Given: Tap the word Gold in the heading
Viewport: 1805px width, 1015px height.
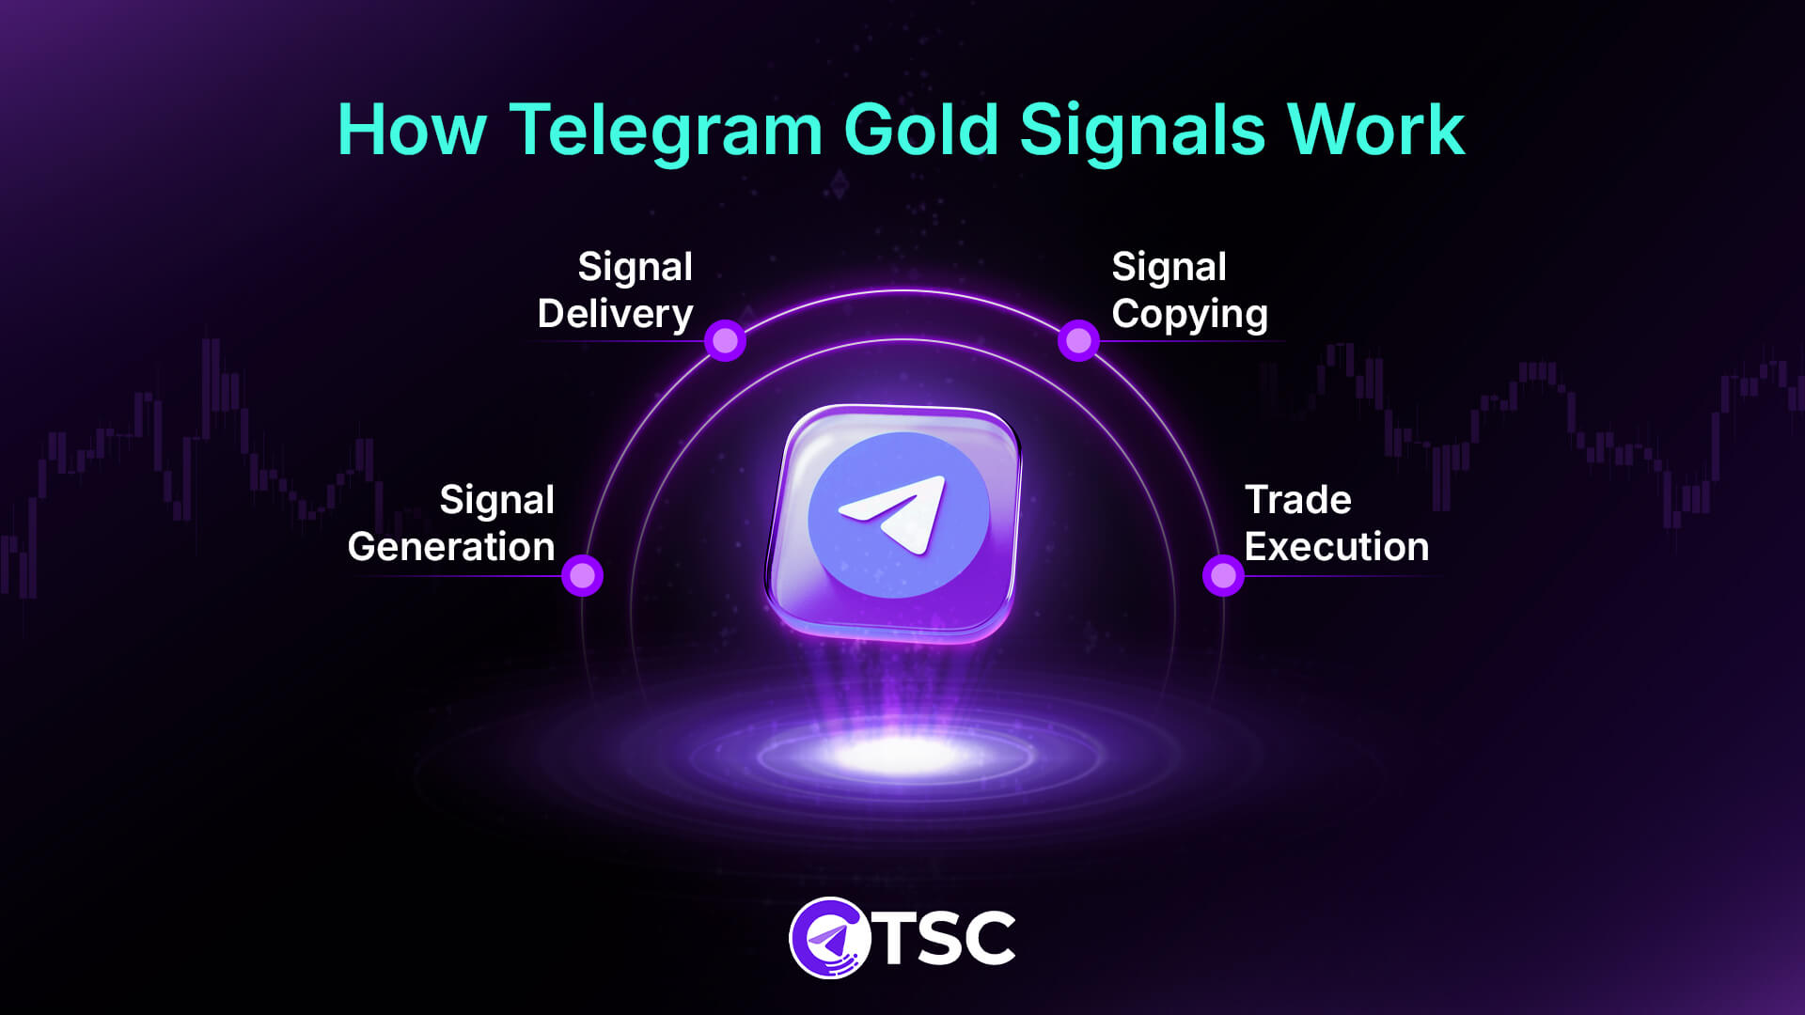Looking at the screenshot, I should pos(920,130).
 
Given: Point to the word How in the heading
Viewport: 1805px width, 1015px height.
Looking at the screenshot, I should pos(412,130).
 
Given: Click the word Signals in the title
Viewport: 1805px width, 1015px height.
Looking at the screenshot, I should pos(1142,130).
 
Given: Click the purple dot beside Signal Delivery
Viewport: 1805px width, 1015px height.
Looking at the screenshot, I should pos(725,340).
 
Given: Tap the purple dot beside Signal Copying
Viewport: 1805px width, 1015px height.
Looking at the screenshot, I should pos(1078,340).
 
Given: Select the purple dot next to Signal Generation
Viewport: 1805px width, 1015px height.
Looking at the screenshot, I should pos(582,574).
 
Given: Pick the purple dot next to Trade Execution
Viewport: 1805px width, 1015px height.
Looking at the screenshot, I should pos(1223,574).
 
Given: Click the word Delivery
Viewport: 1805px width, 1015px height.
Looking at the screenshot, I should pos(615,314).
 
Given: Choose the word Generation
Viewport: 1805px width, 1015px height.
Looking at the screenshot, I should pos(451,547).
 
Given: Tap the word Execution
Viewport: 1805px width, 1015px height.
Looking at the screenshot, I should pos(1336,547).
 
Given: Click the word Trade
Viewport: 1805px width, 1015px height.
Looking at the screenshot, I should pos(1297,500).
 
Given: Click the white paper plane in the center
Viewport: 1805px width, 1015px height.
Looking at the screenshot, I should pos(896,512).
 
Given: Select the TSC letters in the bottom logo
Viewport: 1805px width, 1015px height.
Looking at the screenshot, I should pos(947,938).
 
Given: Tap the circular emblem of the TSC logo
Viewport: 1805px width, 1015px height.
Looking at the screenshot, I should pos(827,938).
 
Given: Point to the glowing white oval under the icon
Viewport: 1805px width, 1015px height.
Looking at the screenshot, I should pos(898,753).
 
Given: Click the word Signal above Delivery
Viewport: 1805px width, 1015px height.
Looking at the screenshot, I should pos(635,267).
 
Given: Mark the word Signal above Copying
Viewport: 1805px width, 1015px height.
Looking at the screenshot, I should pos(1169,267).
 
